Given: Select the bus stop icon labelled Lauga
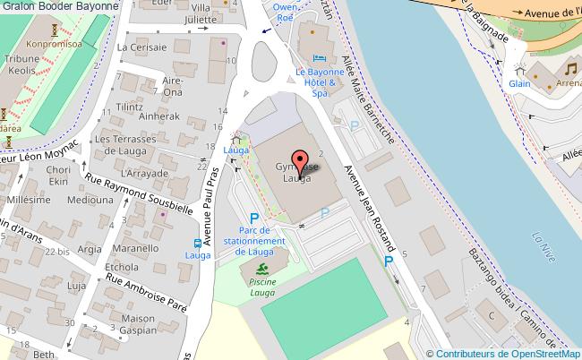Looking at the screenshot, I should pyautogui.click(x=196, y=243).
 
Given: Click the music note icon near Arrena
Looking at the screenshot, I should pyautogui.click(x=570, y=69).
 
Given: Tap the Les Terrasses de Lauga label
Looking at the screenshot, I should pyautogui.click(x=127, y=145).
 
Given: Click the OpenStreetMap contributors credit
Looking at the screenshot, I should pyautogui.click(x=502, y=353).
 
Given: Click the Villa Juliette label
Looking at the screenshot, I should pyautogui.click(x=201, y=13).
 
